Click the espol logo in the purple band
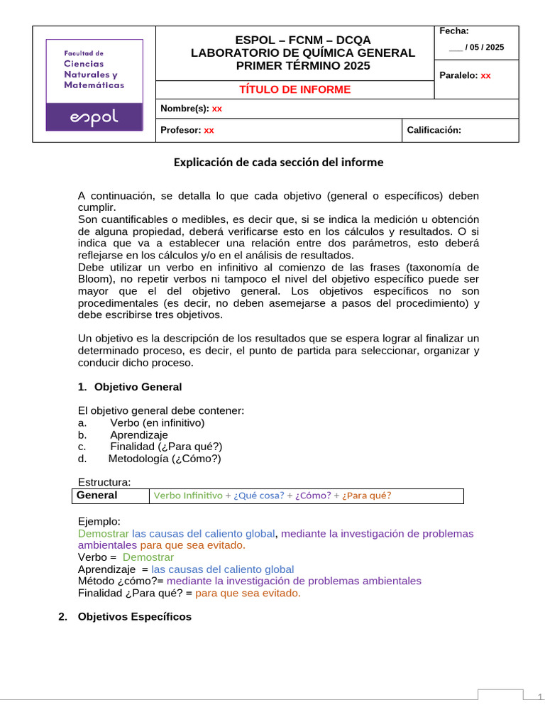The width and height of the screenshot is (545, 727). point(94,117)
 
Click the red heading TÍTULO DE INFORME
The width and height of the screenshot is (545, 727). point(294,89)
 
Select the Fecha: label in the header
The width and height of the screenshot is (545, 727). point(453,31)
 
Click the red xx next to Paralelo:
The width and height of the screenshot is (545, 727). point(485,75)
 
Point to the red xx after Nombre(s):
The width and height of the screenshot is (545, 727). point(217,109)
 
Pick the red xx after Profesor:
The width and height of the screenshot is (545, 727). point(209,130)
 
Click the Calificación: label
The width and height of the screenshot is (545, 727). point(434,130)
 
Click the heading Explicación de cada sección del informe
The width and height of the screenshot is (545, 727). point(278,162)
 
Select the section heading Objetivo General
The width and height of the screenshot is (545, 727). point(138,387)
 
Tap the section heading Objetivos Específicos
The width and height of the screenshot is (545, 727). point(135,617)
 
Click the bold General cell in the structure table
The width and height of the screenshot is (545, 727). point(97,496)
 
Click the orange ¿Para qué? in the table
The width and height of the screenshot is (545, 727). point(367,496)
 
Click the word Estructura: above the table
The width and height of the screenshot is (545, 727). point(104,483)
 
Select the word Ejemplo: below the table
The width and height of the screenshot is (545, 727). point(99,521)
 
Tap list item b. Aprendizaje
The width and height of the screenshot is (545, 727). point(138,434)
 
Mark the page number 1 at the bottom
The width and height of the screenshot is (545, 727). point(539,696)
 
